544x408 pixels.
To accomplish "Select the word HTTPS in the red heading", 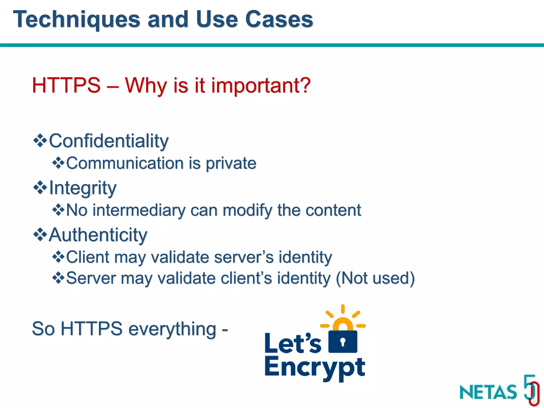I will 66,85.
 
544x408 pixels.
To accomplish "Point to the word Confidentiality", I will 109,141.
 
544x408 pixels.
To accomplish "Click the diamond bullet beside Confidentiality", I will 40,140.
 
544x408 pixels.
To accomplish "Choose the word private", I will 231,163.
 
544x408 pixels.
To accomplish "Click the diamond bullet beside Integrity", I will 40,187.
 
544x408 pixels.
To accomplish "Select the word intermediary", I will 139,210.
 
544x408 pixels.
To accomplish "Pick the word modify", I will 247,210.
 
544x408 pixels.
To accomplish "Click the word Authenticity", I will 98,235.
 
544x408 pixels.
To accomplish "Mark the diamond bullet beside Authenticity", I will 40,234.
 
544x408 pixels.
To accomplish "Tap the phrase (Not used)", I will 375,278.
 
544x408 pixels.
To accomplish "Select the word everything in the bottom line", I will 172,329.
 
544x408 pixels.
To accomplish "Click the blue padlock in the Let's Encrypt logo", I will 343,341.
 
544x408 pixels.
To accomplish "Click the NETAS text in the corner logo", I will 488,392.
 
